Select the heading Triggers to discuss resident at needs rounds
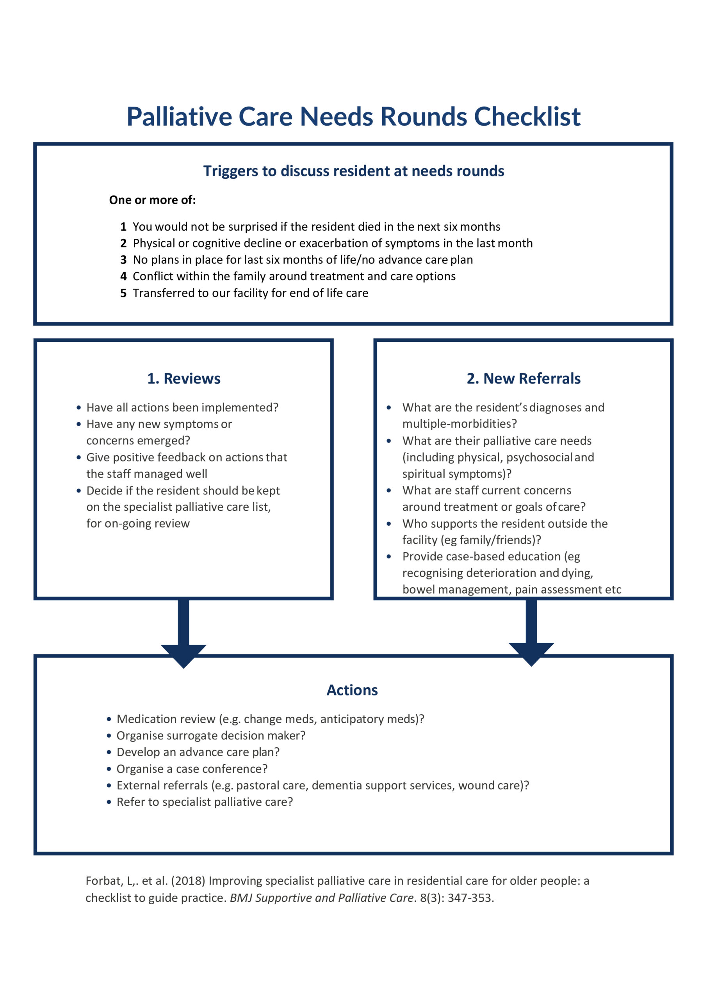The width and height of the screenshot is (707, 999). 354,171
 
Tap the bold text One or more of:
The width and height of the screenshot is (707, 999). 152,200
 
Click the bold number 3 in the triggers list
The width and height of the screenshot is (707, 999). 123,260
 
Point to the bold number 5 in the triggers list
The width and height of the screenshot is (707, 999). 123,293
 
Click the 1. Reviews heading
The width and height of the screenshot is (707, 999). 184,379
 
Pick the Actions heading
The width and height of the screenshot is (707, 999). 352,690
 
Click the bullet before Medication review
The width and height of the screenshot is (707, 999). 109,720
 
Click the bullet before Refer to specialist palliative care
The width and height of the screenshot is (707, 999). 109,802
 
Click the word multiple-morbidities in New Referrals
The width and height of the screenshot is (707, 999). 459,424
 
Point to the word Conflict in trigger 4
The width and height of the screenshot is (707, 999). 152,276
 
